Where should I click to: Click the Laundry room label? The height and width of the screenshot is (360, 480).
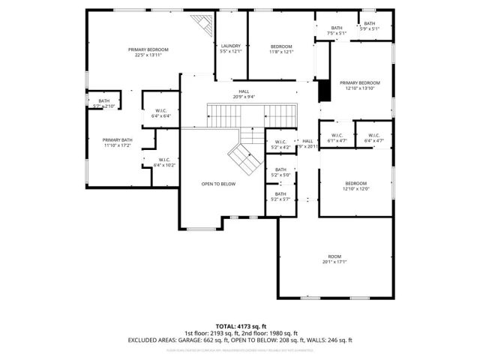[230, 49]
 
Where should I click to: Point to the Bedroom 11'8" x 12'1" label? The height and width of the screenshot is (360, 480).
[281, 49]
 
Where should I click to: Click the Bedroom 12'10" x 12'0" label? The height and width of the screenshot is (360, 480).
[355, 186]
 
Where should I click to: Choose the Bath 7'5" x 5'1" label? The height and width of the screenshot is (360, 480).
[337, 31]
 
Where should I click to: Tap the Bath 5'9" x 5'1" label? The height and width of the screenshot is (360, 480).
[369, 26]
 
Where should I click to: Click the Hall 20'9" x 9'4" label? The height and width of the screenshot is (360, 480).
[244, 93]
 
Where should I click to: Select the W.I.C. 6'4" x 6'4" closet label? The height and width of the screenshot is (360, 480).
[161, 114]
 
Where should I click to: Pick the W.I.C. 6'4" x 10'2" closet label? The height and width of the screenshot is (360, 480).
[164, 161]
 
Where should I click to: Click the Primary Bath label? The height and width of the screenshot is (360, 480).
[117, 142]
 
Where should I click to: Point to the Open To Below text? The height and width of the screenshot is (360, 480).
[218, 184]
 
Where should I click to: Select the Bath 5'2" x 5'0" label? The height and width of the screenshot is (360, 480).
[280, 172]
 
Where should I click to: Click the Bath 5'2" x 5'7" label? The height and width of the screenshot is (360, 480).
[280, 197]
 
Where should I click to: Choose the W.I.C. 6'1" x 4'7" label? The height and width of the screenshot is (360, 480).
[337, 138]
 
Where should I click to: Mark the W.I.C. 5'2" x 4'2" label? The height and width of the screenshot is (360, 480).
[280, 144]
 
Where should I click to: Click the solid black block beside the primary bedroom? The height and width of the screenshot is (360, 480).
[324, 90]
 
